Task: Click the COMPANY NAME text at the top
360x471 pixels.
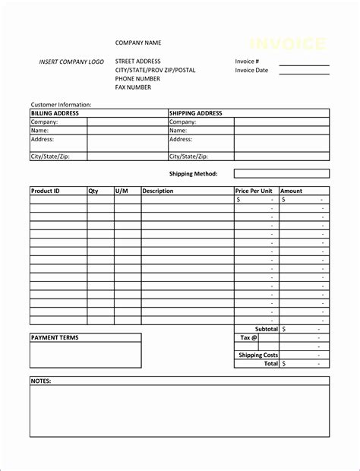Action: pos(138,43)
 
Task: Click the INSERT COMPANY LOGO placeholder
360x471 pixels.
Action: pos(71,61)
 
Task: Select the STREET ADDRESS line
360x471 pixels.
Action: pos(138,61)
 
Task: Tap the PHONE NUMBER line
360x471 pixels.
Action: pos(137,78)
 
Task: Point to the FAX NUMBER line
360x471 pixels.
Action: pos(133,87)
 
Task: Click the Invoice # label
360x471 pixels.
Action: pos(248,61)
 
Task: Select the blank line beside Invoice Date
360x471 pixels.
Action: pos(304,74)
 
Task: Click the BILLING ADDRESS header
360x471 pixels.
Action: pos(55,113)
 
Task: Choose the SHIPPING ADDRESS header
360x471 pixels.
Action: pos(196,113)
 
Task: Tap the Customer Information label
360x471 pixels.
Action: pos(61,104)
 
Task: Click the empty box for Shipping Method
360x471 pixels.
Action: pos(281,173)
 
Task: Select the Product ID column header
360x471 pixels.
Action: pos(46,191)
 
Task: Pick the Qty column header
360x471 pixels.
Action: pos(93,191)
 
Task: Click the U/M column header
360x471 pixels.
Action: pos(122,191)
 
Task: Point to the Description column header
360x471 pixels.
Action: pos(158,191)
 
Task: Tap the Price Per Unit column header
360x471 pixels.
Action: pos(254,191)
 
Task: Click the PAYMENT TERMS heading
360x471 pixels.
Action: pos(55,337)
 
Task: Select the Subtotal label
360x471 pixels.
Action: pos(266,329)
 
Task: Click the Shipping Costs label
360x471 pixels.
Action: pos(258,355)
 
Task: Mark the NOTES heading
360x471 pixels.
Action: pos(41,380)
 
